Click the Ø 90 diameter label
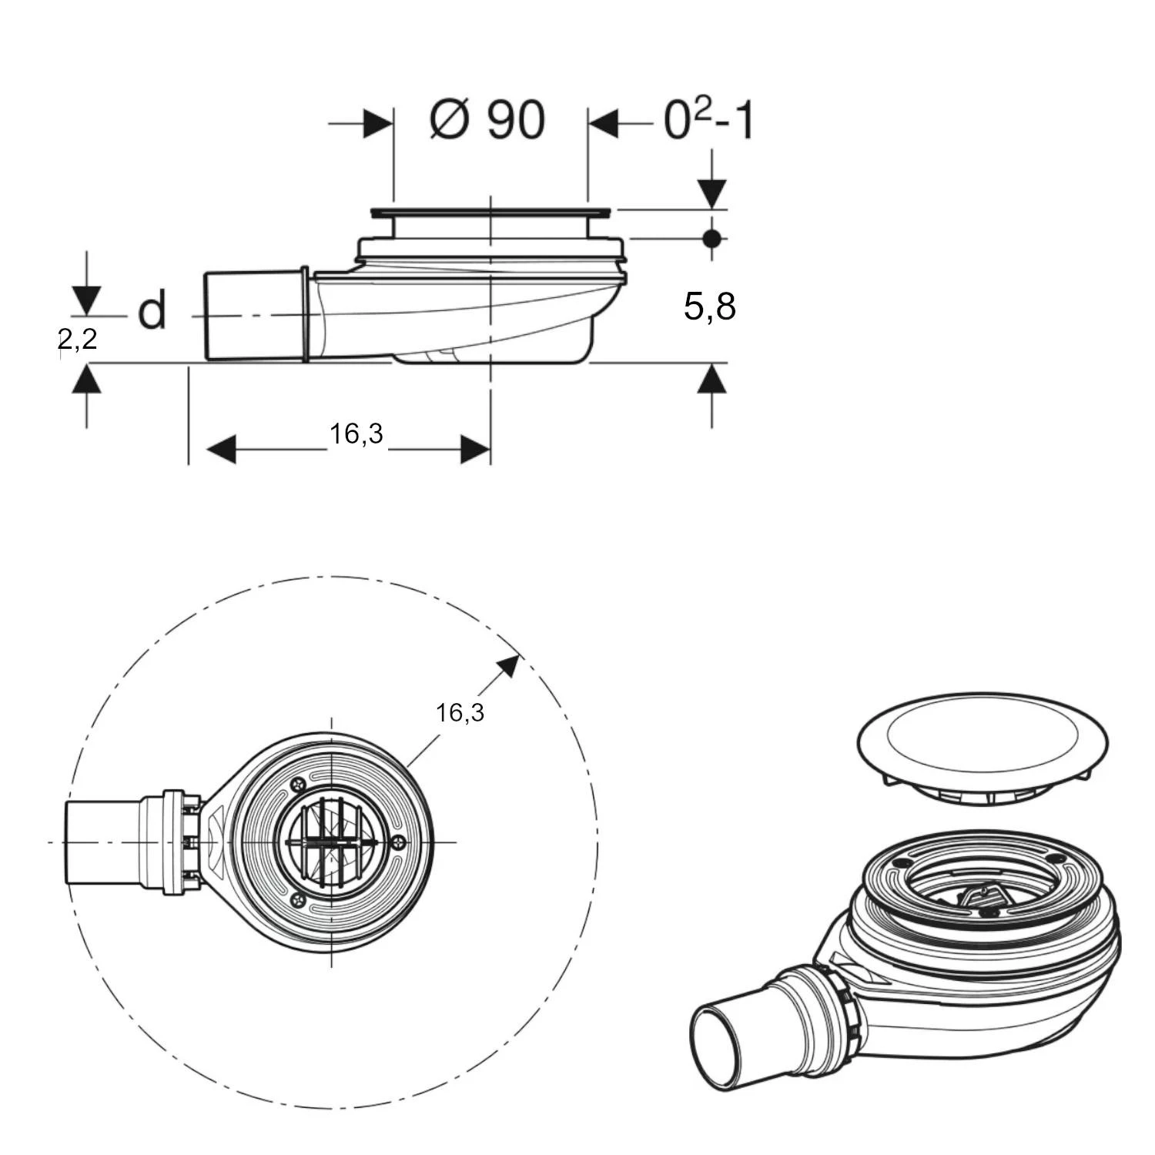pyautogui.click(x=487, y=121)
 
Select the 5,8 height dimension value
pyautogui.click(x=709, y=306)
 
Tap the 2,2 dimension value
pyautogui.click(x=78, y=338)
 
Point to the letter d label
pyautogui.click(x=152, y=311)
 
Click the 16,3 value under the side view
pyautogui.click(x=357, y=434)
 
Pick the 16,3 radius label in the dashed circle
pyautogui.click(x=460, y=712)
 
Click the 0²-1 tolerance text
pyautogui.click(x=708, y=121)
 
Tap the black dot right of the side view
pyautogui.click(x=712, y=239)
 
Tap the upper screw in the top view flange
pyautogui.click(x=299, y=785)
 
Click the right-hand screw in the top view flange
pyautogui.click(x=397, y=842)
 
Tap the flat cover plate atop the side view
pyautogui.click(x=490, y=212)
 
